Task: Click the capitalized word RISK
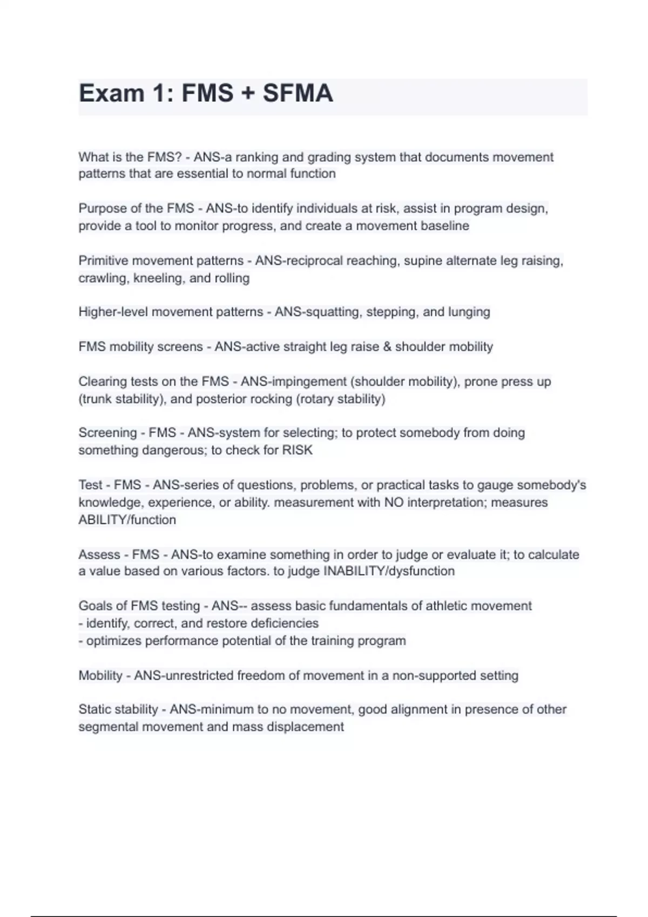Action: (x=297, y=450)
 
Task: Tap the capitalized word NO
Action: (x=394, y=503)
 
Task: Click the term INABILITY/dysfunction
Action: (x=388, y=571)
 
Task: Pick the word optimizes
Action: (x=114, y=641)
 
